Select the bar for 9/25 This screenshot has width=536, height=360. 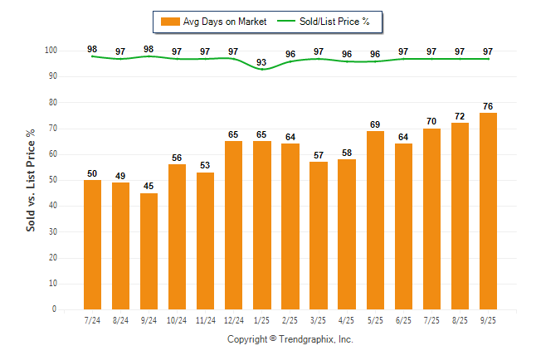pyautogui.click(x=489, y=212)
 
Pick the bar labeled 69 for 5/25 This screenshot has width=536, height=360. pyautogui.click(x=376, y=221)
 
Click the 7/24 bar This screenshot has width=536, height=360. pyautogui.click(x=92, y=245)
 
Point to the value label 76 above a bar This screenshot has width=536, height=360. pyautogui.click(x=489, y=105)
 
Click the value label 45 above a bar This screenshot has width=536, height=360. pyautogui.click(x=149, y=186)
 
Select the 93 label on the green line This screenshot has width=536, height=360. pyautogui.click(x=262, y=62)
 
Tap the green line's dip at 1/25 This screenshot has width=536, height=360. pyautogui.click(x=262, y=69)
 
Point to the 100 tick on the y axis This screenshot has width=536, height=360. pyautogui.click(x=51, y=51)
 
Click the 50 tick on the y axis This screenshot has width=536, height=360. pyautogui.click(x=52, y=180)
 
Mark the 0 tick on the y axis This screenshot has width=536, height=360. pyautogui.click(x=54, y=309)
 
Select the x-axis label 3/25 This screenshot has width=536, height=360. pyautogui.click(x=319, y=319)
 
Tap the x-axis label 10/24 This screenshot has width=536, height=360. pyautogui.click(x=177, y=319)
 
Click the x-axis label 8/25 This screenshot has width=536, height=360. pyautogui.click(x=460, y=319)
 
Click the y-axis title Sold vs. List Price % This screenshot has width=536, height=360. pyautogui.click(x=32, y=180)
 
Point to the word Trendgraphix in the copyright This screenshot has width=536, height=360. pyautogui.click(x=307, y=339)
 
